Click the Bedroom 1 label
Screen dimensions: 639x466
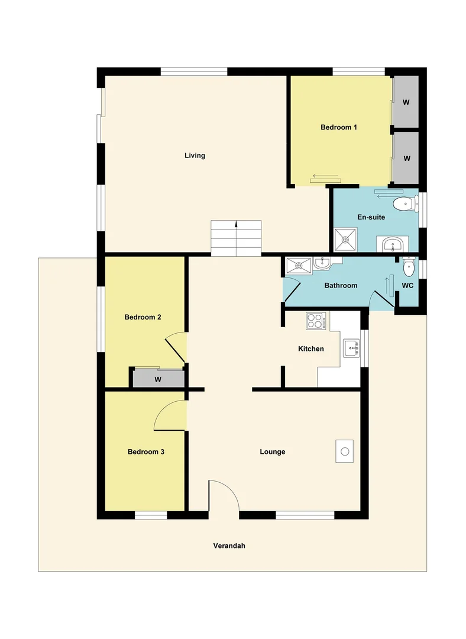point(338,127)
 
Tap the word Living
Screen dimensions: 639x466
point(195,156)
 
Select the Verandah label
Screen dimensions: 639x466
point(229,546)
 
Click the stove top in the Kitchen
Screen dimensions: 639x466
point(315,321)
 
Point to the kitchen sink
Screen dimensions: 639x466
point(351,348)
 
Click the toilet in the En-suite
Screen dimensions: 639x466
point(403,204)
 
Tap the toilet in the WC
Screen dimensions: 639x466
point(408,267)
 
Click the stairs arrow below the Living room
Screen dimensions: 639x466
point(237,225)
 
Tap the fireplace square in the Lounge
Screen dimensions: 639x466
point(345,451)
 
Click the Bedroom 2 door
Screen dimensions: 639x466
point(176,349)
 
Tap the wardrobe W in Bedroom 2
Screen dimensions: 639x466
point(158,379)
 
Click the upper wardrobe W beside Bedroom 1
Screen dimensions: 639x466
point(406,102)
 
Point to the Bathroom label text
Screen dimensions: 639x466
point(341,285)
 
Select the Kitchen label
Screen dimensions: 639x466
point(310,348)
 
